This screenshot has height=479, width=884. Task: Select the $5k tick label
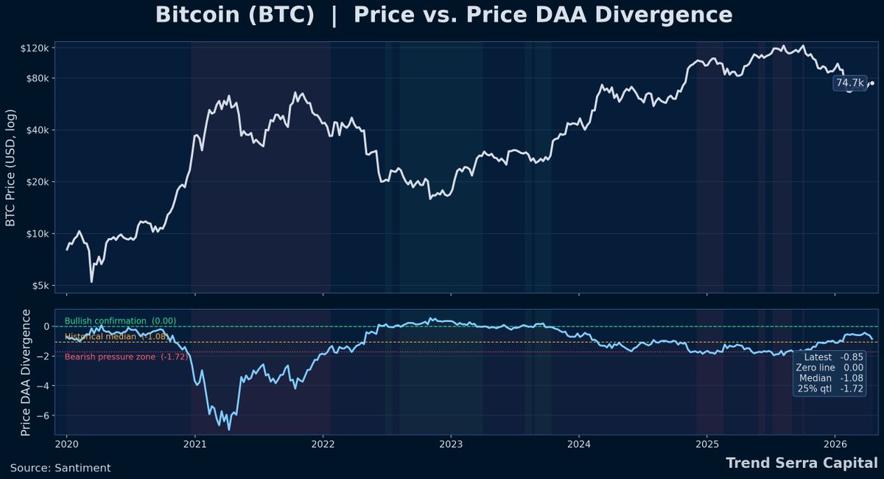(41, 286)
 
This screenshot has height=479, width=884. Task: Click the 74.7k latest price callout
(849, 83)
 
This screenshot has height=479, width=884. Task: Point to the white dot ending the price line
(871, 83)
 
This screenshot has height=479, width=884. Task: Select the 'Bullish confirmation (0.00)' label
(120, 321)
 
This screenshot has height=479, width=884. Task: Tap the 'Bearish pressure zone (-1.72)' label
(126, 357)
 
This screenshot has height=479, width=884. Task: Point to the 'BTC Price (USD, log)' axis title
(11, 168)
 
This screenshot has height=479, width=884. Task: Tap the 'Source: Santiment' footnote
(60, 468)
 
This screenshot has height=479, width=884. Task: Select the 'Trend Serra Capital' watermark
(801, 464)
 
